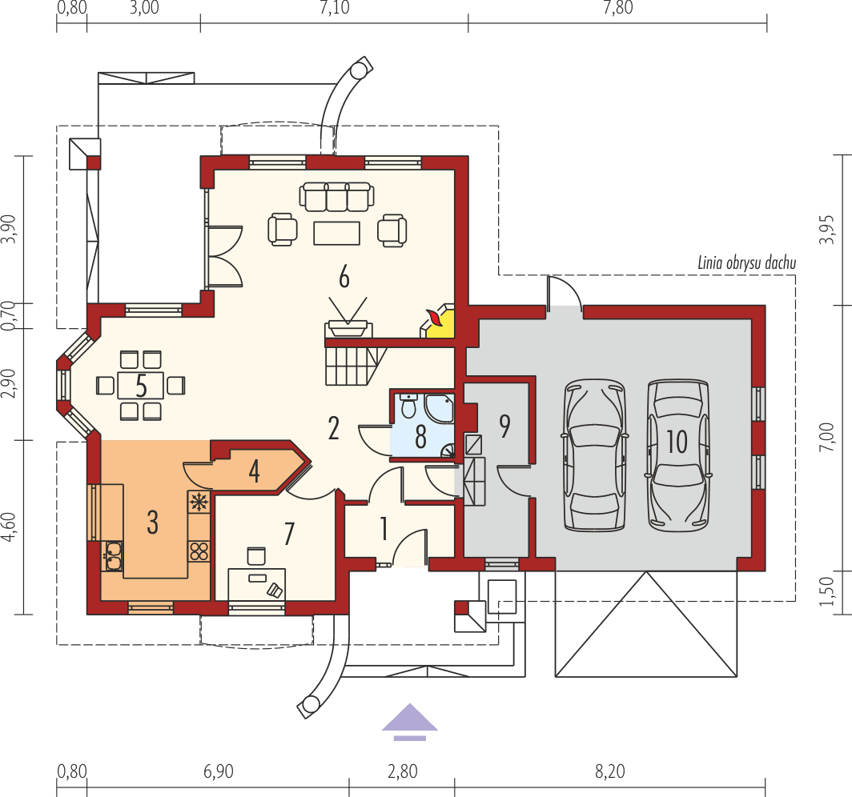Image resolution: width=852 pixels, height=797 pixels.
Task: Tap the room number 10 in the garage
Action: [x=677, y=441]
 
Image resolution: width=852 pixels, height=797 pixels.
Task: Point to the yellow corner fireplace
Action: [x=440, y=323]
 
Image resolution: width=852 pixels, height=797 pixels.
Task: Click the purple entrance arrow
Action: [x=410, y=719]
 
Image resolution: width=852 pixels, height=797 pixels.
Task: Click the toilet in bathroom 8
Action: [x=408, y=407]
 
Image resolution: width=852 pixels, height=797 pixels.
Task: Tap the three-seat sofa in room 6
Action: [x=336, y=197]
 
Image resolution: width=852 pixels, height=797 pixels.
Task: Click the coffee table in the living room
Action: [x=337, y=232]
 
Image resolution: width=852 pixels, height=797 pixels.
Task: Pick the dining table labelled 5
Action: [x=141, y=386]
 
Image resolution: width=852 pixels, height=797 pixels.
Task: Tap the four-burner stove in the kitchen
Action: [x=198, y=551]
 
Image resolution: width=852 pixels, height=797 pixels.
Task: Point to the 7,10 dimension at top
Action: [x=334, y=9]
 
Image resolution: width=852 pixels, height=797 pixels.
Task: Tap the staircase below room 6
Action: [x=349, y=364]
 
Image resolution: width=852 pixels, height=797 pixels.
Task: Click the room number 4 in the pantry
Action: [x=254, y=471]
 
